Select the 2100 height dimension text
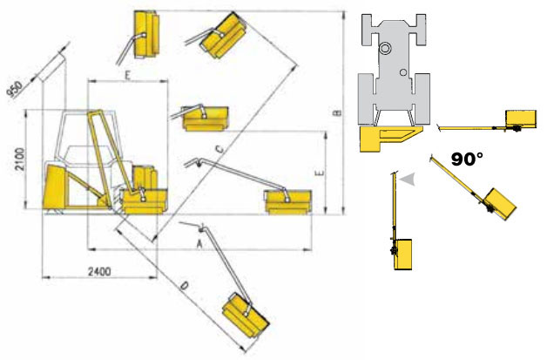coord(18,160)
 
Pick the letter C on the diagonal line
coord(219,151)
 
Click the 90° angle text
coord(467,160)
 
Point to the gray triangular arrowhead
coord(406,179)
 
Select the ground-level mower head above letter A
coord(287,201)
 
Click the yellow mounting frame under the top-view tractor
coord(383,137)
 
